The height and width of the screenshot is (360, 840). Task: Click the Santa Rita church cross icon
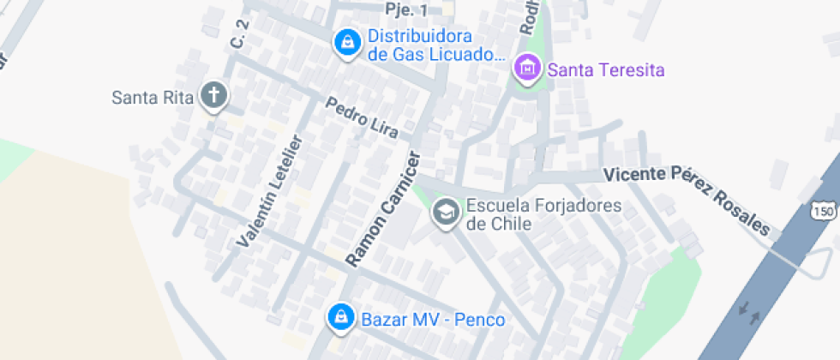213,95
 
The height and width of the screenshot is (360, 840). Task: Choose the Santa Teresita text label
606,69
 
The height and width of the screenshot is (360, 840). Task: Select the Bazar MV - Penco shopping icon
341,318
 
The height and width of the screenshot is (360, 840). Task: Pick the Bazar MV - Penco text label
433,320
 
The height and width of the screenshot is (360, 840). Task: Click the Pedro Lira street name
362,117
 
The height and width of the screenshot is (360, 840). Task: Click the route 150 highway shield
824,211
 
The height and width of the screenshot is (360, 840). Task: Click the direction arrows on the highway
748,313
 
